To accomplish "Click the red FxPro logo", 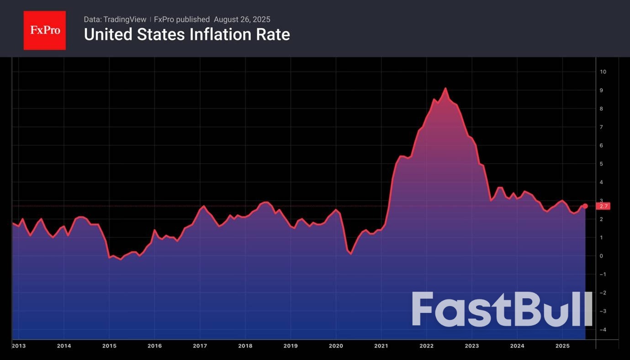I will tap(45, 31).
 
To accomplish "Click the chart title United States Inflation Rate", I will tap(187, 35).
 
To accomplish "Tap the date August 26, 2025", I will tap(242, 20).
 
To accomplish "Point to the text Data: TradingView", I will tap(115, 20).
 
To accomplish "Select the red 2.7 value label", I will tap(603, 206).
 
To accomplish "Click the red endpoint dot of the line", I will tap(585, 206).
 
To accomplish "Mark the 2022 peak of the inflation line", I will tap(445, 88).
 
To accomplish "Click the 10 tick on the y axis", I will tap(603, 72).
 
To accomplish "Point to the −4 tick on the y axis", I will tap(603, 329).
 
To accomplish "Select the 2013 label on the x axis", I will tap(19, 346).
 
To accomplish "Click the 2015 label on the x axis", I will tap(109, 346).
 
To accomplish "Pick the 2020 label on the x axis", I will tap(336, 346).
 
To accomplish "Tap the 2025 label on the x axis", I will tap(562, 346).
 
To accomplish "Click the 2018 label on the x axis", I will tap(245, 346).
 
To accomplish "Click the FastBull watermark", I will tap(502, 310).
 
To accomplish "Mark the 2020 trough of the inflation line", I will tap(351, 254).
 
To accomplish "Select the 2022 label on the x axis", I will tap(426, 346).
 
